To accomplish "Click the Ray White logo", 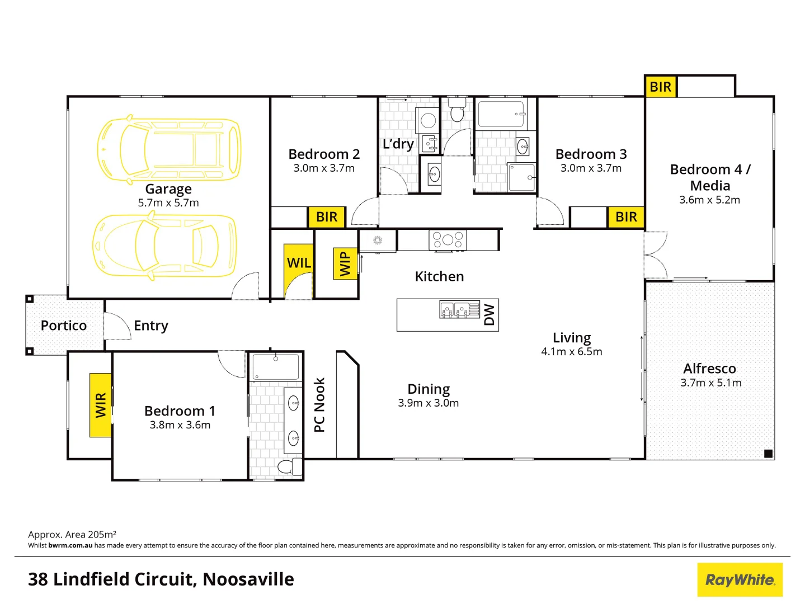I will [740, 580].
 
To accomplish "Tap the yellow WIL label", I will [299, 263].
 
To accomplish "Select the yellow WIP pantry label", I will [345, 263].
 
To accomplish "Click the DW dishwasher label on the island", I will [489, 315].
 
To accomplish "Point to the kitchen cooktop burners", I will [448, 240].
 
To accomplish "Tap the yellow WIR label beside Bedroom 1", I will [101, 405].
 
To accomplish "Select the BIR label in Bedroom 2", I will [327, 217].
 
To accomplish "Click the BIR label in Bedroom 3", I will [626, 217].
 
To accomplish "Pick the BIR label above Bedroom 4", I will [660, 87].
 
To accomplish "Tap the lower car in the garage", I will [164, 246].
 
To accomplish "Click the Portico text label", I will [64, 325].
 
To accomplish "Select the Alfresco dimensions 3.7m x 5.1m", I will [710, 383].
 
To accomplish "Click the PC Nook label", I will [319, 404].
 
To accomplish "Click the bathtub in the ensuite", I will [275, 367].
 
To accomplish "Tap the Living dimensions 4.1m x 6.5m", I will [571, 352].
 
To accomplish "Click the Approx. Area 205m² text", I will [72, 535].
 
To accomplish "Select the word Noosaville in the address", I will [248, 579].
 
